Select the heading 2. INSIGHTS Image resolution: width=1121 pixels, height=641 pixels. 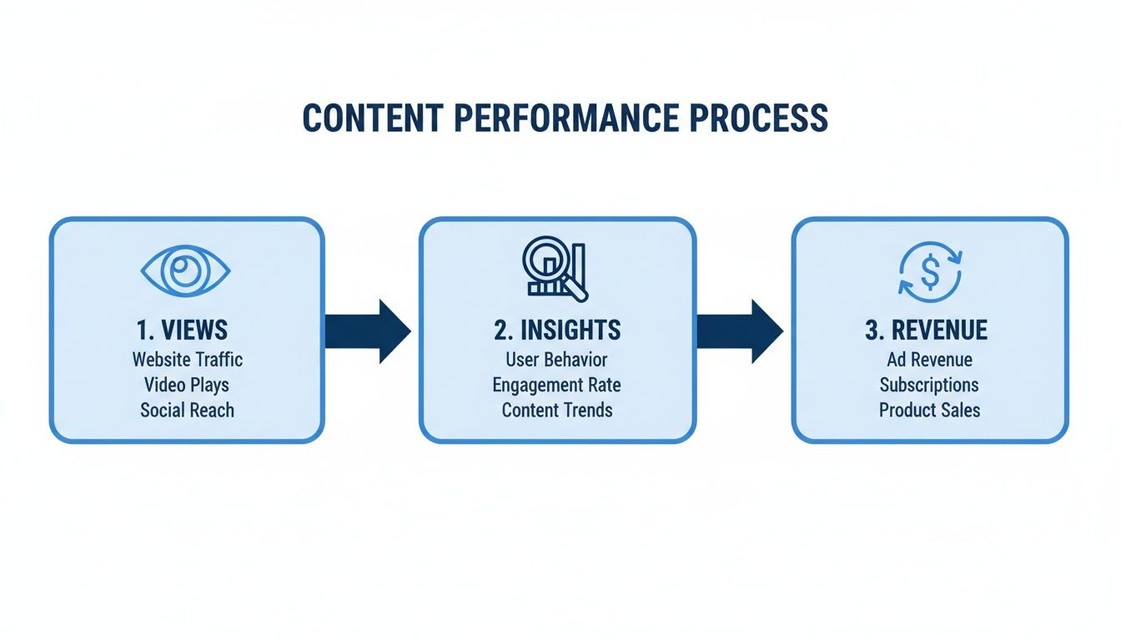pos(557,330)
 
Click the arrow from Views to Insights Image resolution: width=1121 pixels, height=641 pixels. pos(367,331)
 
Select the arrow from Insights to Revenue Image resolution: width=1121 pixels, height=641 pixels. pos(739,331)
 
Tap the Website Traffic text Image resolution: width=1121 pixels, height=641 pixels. pos(187,360)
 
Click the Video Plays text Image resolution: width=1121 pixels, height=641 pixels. pos(187,385)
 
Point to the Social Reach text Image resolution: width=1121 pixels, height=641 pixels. pos(187,410)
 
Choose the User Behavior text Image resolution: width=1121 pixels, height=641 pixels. pos(557,360)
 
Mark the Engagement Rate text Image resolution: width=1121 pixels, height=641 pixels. pos(557,385)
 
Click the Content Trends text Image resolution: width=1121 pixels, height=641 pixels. pos(557,410)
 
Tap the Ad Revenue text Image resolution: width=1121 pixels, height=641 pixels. pos(929,360)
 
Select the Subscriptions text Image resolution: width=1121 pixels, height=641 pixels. pos(929,385)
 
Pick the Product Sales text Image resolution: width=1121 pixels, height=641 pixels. pos(929,410)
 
